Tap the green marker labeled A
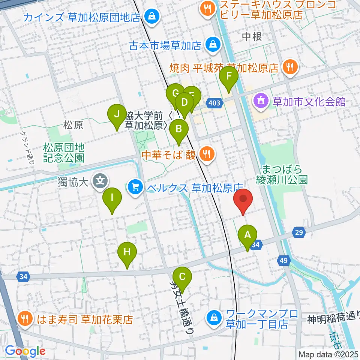247,236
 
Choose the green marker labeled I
112,198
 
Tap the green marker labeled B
179,130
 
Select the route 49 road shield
283,261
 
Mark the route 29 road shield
298,233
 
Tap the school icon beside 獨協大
100,182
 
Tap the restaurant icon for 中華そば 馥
206,153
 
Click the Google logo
25,351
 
